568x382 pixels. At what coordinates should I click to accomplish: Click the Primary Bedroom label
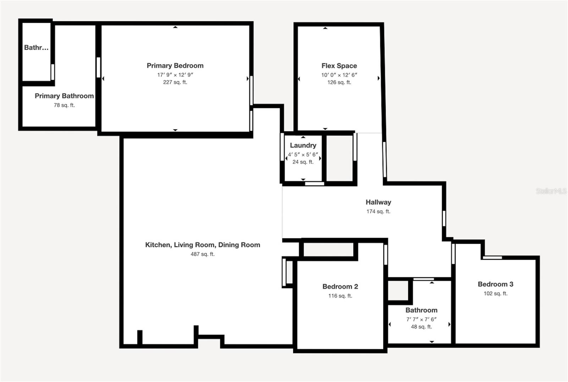pyautogui.click(x=175, y=66)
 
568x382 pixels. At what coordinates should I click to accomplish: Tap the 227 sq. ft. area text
pyautogui.click(x=175, y=82)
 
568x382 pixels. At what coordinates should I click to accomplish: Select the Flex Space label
pyautogui.click(x=339, y=66)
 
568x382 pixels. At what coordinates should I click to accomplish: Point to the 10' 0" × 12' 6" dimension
pyautogui.click(x=339, y=75)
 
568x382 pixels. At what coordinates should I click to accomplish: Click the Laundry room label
pyautogui.click(x=303, y=145)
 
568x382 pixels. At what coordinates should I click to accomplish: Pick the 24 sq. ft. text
pyautogui.click(x=303, y=162)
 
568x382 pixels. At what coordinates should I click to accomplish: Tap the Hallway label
pyautogui.click(x=378, y=202)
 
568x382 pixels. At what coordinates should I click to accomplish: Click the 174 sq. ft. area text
pyautogui.click(x=378, y=212)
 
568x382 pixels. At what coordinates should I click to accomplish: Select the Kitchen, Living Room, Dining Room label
pyautogui.click(x=202, y=245)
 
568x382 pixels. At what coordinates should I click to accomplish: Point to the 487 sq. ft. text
pyautogui.click(x=202, y=254)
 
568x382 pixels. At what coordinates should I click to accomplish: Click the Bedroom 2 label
pyautogui.click(x=340, y=287)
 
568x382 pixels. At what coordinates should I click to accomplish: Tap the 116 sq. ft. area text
pyautogui.click(x=340, y=296)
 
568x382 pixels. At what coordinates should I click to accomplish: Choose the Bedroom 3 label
pyautogui.click(x=495, y=284)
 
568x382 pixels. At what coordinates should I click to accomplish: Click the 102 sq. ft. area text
pyautogui.click(x=495, y=293)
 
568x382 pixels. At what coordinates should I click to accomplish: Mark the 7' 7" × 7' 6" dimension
pyautogui.click(x=421, y=319)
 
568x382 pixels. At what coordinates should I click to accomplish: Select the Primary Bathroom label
pyautogui.click(x=64, y=96)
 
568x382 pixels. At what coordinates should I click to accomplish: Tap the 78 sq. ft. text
pyautogui.click(x=64, y=105)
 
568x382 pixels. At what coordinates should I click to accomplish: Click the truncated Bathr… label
pyautogui.click(x=36, y=48)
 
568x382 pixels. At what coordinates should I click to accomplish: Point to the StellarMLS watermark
pyautogui.click(x=551, y=191)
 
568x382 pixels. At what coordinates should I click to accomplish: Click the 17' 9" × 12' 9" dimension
pyautogui.click(x=175, y=75)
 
